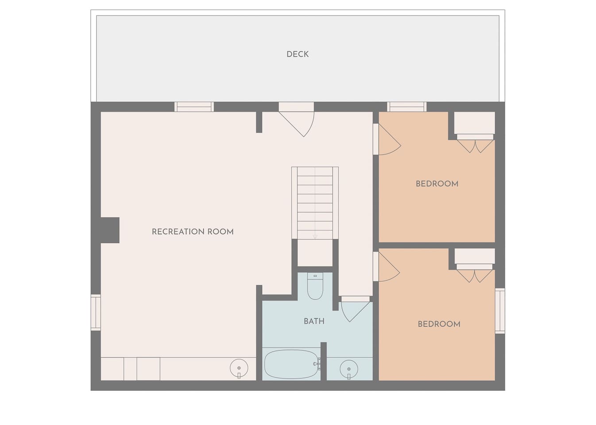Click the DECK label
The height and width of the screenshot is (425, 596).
(298, 54)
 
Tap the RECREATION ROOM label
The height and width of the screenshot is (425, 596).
(193, 232)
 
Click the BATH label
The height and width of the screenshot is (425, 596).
(314, 321)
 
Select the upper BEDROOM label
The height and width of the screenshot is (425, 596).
(437, 184)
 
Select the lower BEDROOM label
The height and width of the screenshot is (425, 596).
(439, 324)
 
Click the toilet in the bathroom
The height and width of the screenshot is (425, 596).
(315, 286)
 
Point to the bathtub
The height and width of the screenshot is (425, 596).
(291, 364)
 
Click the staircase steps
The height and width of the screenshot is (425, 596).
(315, 203)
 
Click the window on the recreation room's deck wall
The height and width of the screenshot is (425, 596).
(194, 107)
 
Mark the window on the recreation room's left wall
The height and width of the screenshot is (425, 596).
(96, 312)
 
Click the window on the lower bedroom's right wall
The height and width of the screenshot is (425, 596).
(500, 311)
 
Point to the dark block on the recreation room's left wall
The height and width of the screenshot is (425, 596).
(110, 230)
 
